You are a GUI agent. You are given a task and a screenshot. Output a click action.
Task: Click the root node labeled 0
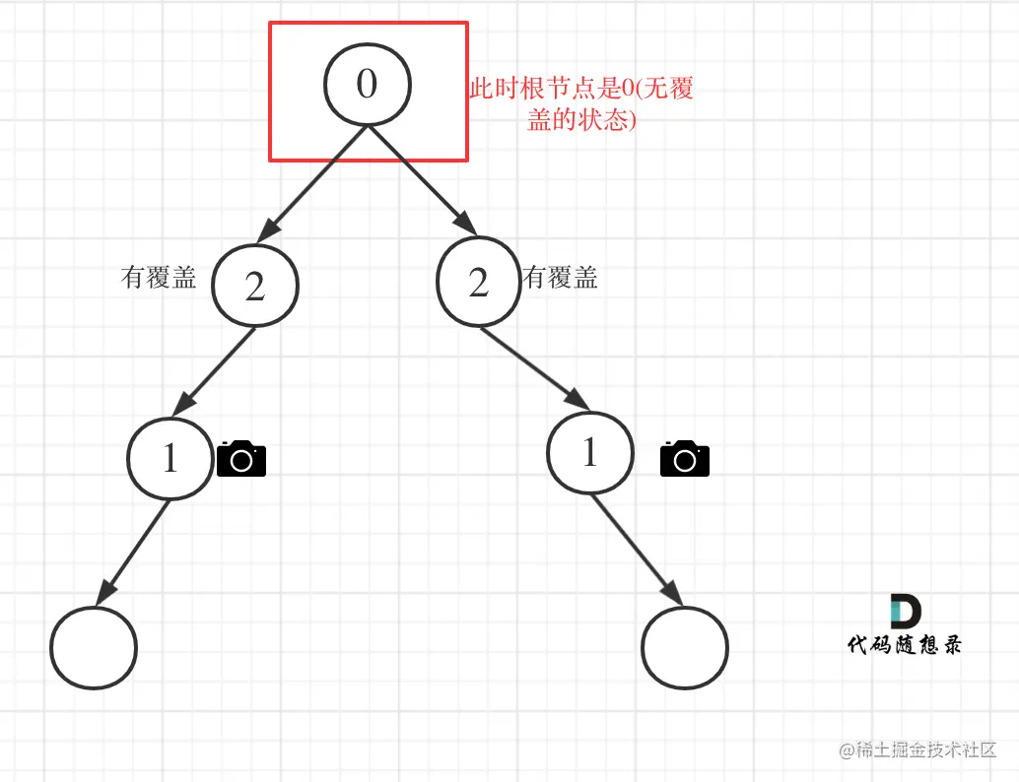(x=368, y=85)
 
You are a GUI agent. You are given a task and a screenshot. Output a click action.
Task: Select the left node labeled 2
(x=254, y=286)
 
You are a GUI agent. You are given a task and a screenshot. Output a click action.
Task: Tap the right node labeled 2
(x=479, y=283)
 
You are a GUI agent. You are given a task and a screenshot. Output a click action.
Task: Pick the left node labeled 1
(x=170, y=459)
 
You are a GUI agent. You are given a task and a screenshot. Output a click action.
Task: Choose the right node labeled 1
(x=590, y=453)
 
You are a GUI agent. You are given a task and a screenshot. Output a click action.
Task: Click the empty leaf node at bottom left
(x=94, y=648)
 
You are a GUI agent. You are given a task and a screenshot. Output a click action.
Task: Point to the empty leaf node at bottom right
(x=684, y=648)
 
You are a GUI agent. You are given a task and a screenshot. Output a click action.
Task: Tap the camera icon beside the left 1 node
(x=241, y=459)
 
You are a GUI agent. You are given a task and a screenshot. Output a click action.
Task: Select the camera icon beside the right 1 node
(x=685, y=459)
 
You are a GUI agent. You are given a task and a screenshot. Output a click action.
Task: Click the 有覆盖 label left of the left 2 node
(x=159, y=278)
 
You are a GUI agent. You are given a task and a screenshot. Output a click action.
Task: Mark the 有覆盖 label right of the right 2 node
(x=561, y=278)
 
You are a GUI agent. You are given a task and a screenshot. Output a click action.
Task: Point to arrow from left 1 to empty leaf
(x=133, y=552)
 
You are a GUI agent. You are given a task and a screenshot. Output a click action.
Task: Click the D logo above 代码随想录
(x=905, y=611)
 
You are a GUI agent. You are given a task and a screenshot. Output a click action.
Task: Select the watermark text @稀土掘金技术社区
(x=917, y=750)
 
